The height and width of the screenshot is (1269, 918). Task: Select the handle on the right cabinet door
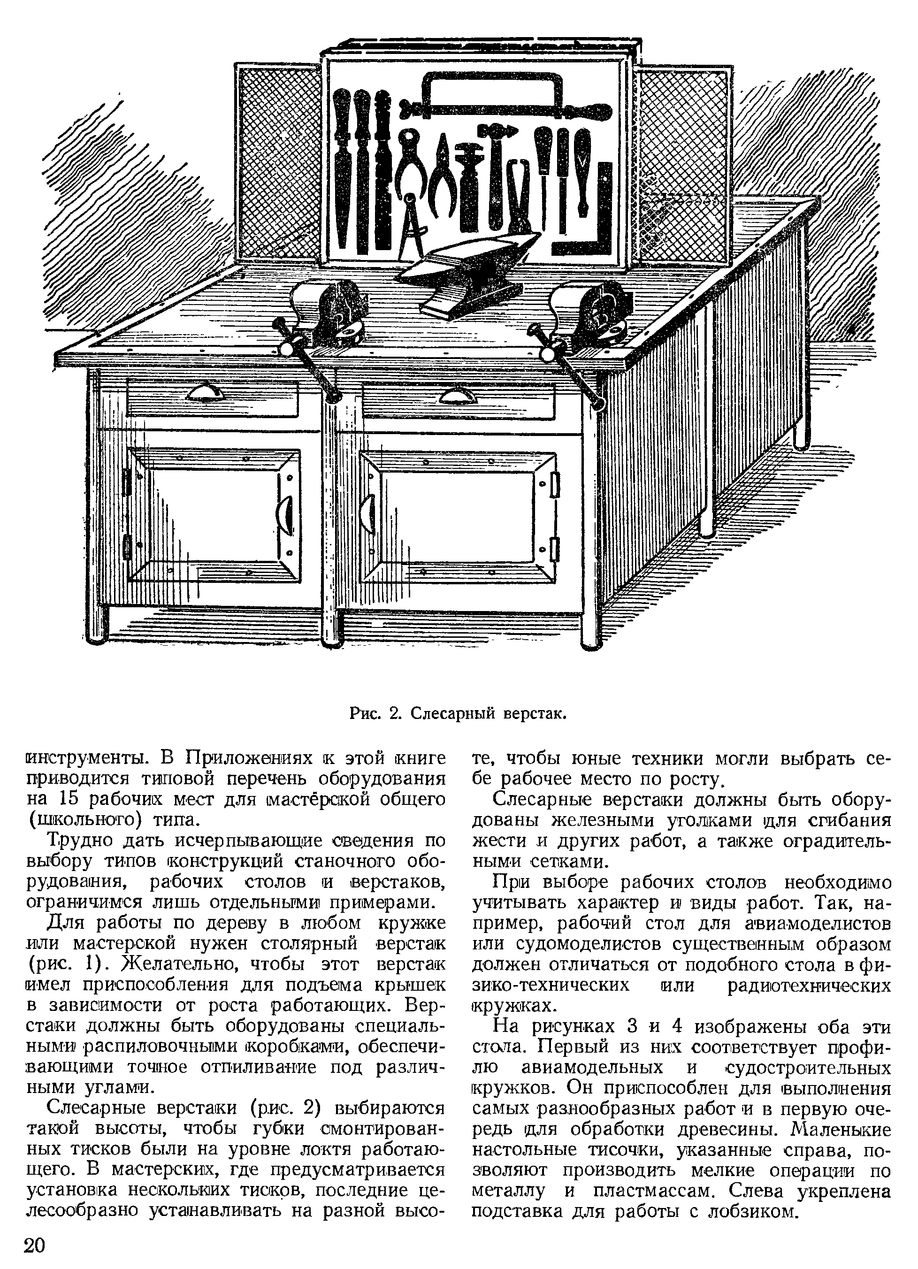coord(368,512)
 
